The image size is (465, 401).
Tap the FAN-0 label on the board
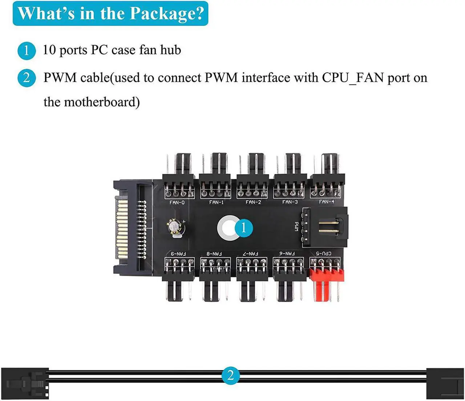[177, 202]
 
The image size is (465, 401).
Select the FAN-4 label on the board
[326, 202]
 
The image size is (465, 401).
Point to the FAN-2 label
[253, 202]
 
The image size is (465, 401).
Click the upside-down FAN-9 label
[178, 254]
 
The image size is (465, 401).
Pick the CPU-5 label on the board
[323, 253]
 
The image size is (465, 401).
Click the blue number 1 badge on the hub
[243, 228]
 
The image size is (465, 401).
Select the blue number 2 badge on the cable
[230, 375]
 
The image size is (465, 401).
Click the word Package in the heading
[167, 13]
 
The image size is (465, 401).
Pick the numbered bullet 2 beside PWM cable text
[27, 78]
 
